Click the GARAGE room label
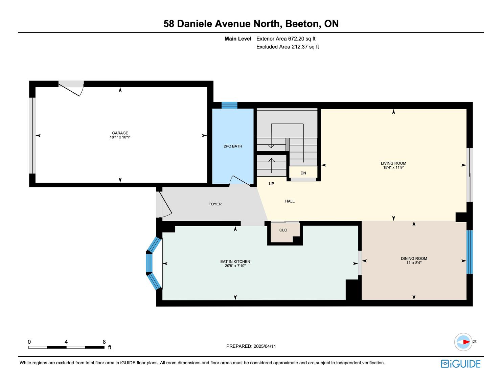coord(120,133)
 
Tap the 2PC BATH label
coord(233,146)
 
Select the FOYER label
coord(215,204)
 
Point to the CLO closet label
coord(283,230)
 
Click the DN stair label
coord(303,173)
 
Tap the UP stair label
coord(271,184)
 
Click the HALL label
coord(290,201)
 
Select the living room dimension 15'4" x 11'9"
coord(393,167)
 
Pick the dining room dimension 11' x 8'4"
coord(414,263)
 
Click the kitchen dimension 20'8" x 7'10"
coord(235,266)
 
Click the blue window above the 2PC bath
coord(229,105)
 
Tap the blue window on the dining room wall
coord(470,252)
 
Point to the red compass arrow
coord(467,342)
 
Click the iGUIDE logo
coord(461,364)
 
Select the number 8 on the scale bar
coord(104,342)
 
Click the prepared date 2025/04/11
coord(265,346)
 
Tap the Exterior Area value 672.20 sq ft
coord(302,39)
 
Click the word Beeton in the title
coord(303,24)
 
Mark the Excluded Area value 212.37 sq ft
coord(305,47)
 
